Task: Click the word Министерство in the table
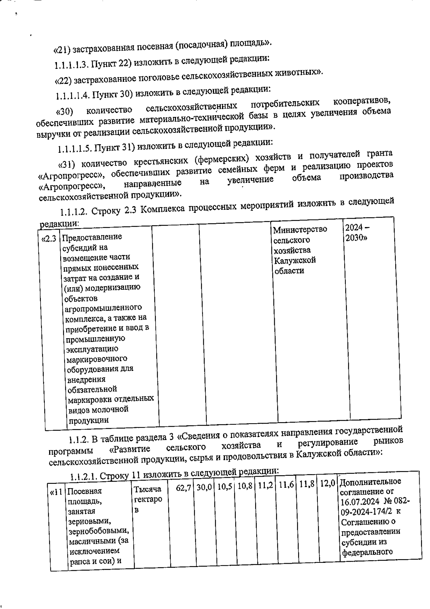tap(300, 229)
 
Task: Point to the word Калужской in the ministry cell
tap(295, 260)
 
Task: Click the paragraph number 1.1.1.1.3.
tap(71, 65)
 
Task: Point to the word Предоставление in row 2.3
tap(92, 237)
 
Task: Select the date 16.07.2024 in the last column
tap(358, 501)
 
